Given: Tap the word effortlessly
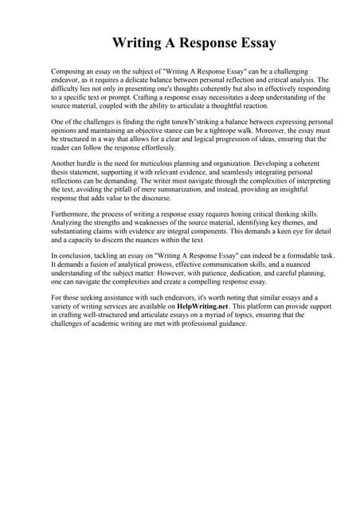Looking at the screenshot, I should (x=155, y=148).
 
